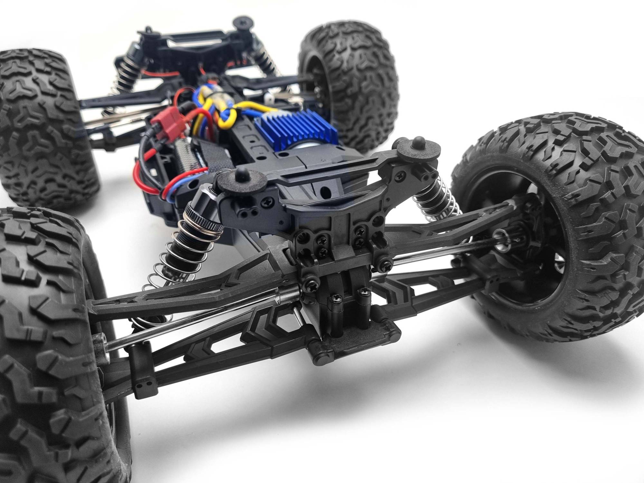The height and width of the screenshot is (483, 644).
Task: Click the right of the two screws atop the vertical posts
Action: click(365, 291)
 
